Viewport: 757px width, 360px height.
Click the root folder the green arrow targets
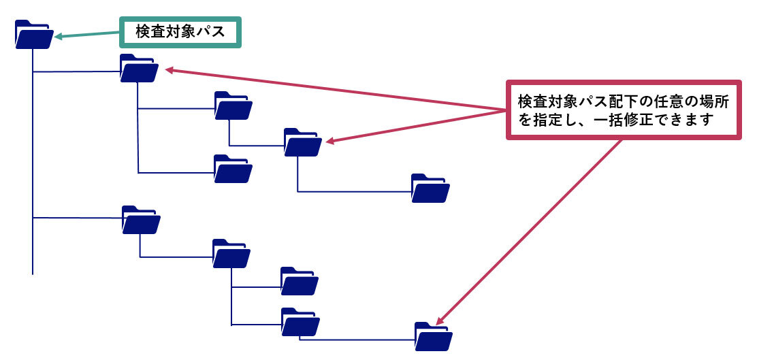click(x=33, y=35)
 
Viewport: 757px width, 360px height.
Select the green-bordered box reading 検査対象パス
click(x=180, y=31)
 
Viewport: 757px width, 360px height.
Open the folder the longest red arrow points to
click(x=139, y=69)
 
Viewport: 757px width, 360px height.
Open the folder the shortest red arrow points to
click(x=302, y=143)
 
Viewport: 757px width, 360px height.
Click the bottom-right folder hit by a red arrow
click(x=433, y=336)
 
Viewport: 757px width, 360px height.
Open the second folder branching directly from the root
click(x=141, y=220)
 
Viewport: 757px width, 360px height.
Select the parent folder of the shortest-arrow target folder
click(x=233, y=106)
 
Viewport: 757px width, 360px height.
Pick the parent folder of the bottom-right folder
click(x=299, y=323)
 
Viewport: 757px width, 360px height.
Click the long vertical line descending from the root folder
click(x=33, y=170)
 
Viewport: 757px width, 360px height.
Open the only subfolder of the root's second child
click(x=231, y=254)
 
